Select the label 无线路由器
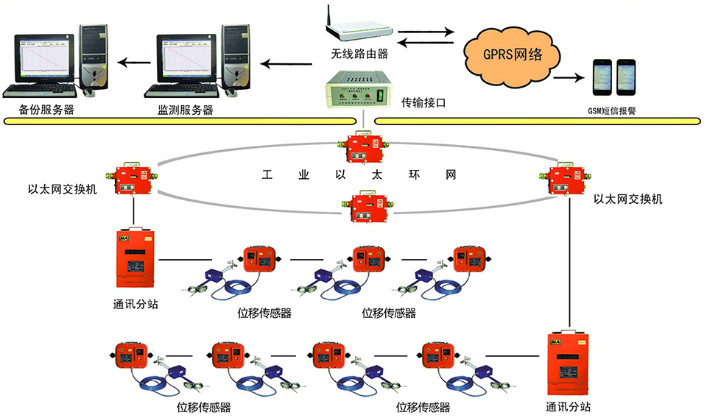point(359,54)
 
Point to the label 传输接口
point(423,102)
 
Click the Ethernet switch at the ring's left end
point(133,177)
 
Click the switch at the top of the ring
point(360,149)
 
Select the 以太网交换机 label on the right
point(628,199)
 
